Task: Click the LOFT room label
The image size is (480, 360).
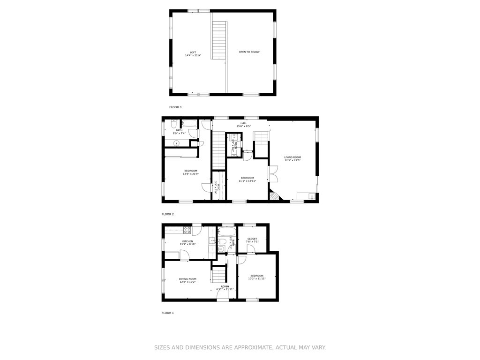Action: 193,52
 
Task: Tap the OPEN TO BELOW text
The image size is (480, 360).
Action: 249,52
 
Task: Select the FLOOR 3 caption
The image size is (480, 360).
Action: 175,107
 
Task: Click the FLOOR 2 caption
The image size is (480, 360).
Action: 168,214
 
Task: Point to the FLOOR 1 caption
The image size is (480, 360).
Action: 168,313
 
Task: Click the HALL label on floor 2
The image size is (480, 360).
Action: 244,123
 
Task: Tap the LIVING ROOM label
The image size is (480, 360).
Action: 292,157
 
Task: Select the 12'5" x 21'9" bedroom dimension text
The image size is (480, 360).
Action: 191,174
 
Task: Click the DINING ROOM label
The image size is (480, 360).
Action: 187,279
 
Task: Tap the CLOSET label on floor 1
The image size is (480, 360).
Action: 252,239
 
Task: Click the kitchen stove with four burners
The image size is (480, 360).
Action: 187,230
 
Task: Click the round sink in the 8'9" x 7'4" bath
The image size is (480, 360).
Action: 177,143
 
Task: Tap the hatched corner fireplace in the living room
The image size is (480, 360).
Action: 274,195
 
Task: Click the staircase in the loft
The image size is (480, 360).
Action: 219,40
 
